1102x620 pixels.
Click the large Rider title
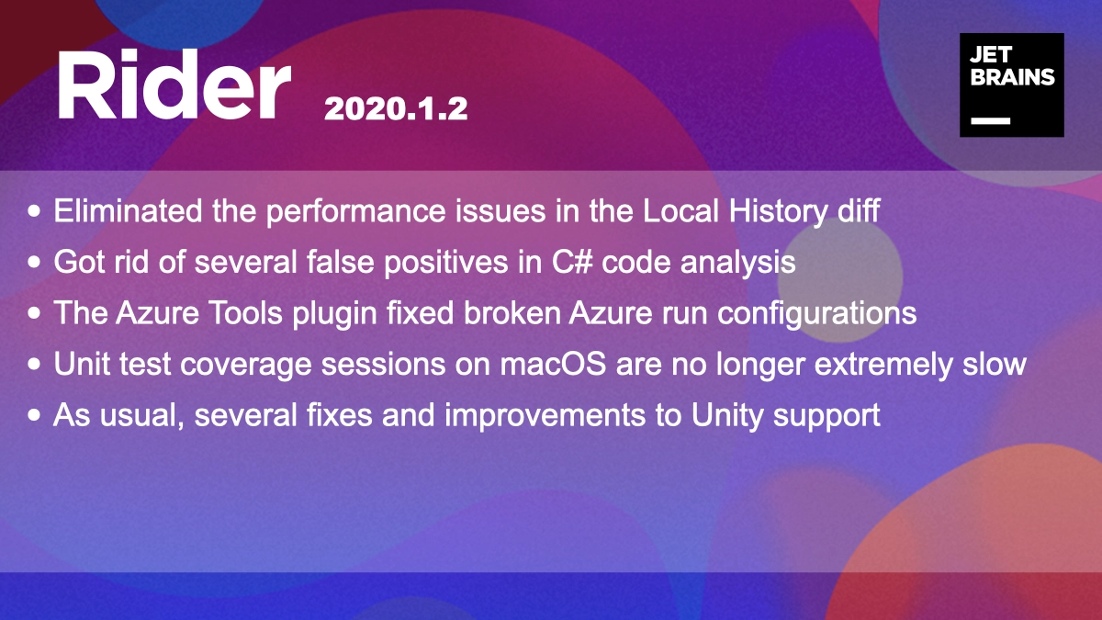click(174, 84)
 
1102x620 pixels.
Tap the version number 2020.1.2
click(396, 108)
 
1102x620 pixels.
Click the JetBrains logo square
click(1012, 85)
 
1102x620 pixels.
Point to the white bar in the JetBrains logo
click(990, 120)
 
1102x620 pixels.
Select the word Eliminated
click(128, 210)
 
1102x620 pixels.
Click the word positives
click(445, 263)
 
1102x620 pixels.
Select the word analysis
click(738, 263)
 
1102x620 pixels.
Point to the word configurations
click(816, 314)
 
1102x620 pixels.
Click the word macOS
click(553, 365)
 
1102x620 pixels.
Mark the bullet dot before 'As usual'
click(34, 415)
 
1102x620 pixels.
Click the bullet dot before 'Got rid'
click(34, 262)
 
